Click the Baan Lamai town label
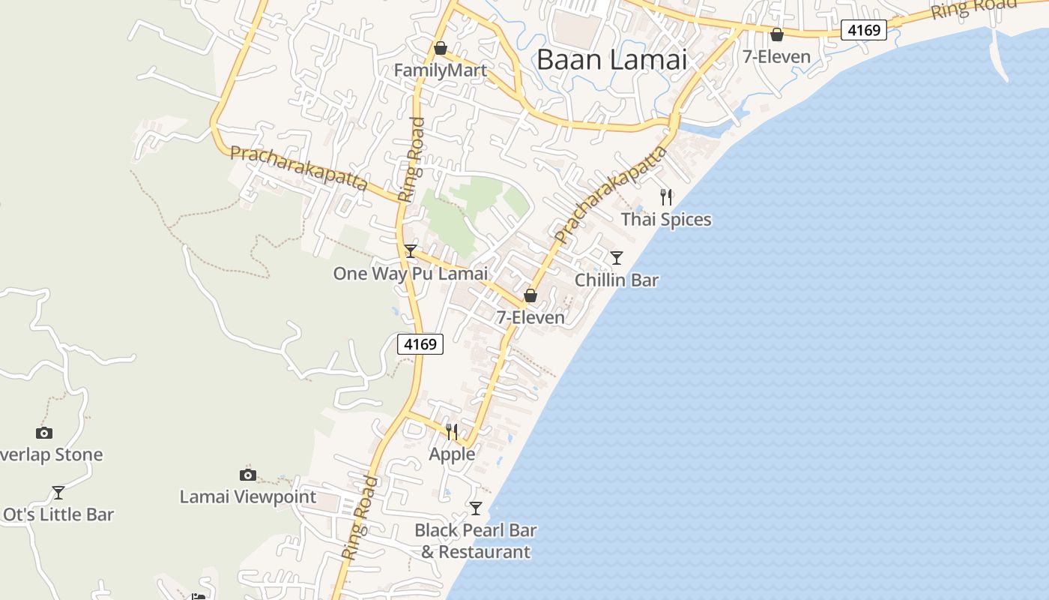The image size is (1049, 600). pyautogui.click(x=611, y=59)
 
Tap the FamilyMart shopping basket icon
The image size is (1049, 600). pyautogui.click(x=441, y=49)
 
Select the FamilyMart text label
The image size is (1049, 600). pyautogui.click(x=441, y=70)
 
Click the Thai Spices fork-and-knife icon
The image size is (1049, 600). pyautogui.click(x=666, y=197)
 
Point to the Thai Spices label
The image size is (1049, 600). pyautogui.click(x=666, y=220)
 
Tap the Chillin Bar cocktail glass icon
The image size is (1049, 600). pyautogui.click(x=617, y=258)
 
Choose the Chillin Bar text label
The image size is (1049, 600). pyautogui.click(x=617, y=280)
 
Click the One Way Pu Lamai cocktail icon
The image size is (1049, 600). pyautogui.click(x=411, y=251)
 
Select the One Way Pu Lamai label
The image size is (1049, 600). pyautogui.click(x=411, y=274)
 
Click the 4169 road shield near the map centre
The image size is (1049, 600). pyautogui.click(x=420, y=344)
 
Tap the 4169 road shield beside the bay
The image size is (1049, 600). pyautogui.click(x=863, y=30)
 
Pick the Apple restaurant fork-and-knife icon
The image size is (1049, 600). pyautogui.click(x=452, y=431)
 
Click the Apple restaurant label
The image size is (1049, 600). pyautogui.click(x=452, y=454)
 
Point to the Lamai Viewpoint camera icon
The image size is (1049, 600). pyautogui.click(x=248, y=475)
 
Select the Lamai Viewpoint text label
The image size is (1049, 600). pyautogui.click(x=248, y=496)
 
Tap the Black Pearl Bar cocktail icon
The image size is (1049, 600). pyautogui.click(x=476, y=508)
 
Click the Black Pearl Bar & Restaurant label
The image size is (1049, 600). pyautogui.click(x=476, y=541)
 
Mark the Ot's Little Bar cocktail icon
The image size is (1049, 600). pyautogui.click(x=58, y=493)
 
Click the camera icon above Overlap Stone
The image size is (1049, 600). pyautogui.click(x=44, y=433)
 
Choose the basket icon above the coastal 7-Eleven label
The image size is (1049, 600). pyautogui.click(x=777, y=34)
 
